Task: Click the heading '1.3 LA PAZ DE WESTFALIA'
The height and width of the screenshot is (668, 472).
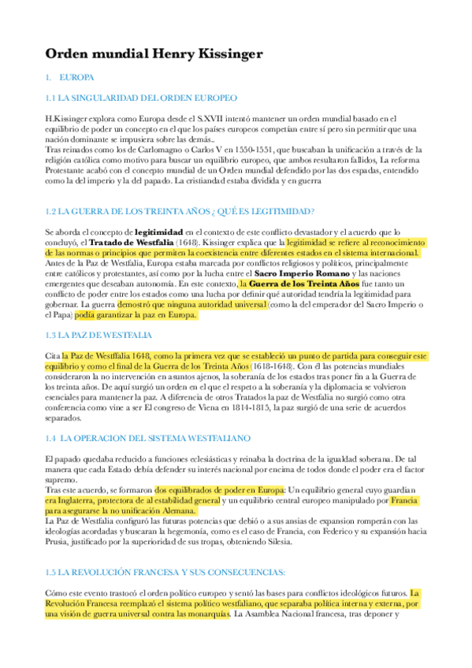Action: tap(98, 335)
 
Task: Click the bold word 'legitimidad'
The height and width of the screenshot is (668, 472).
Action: tap(158, 233)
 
